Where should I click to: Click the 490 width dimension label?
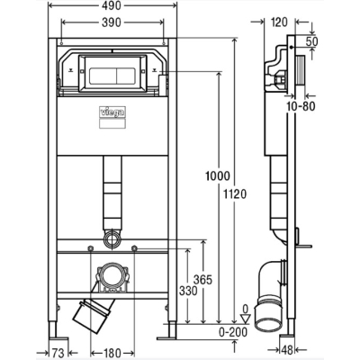point(111,5)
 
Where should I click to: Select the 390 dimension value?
point(112,22)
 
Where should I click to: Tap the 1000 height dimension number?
point(218,175)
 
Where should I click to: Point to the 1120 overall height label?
point(235,194)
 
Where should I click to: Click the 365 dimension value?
point(202,280)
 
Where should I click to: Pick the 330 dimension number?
point(188,291)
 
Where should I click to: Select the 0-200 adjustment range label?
point(233,332)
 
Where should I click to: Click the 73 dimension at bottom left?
point(58,353)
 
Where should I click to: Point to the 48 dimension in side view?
point(287,349)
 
